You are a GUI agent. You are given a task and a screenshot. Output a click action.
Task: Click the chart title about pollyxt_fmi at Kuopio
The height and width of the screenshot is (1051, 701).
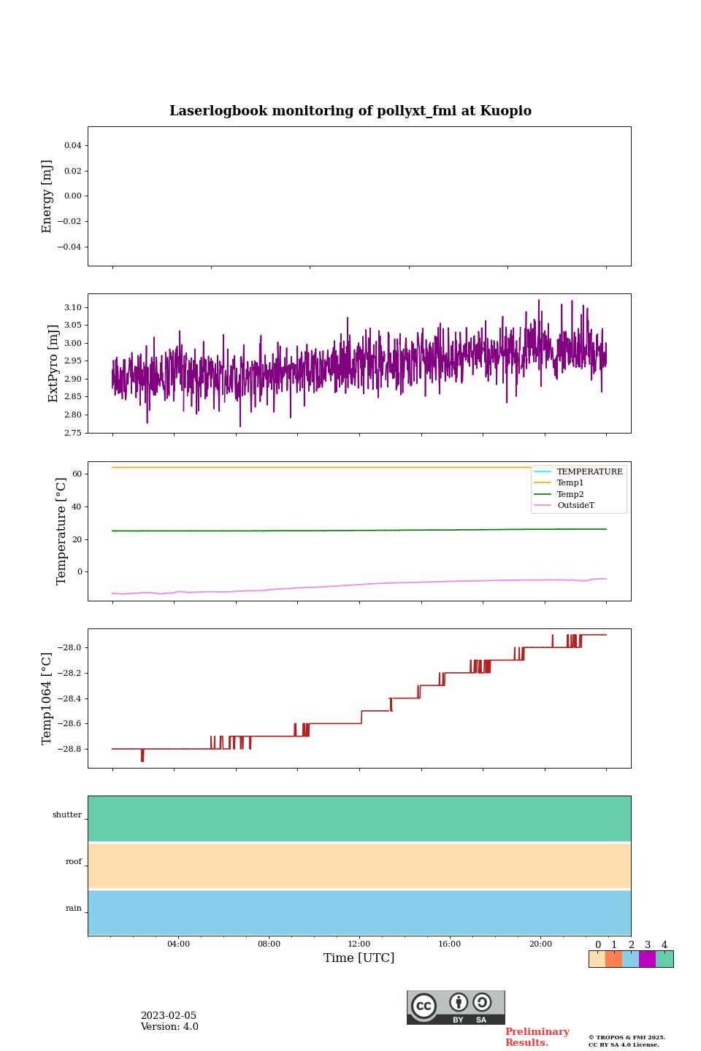350,111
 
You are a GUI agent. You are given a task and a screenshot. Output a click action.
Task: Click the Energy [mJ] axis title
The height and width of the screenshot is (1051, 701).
47,196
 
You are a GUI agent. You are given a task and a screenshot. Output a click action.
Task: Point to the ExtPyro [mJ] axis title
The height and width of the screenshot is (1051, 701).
53,363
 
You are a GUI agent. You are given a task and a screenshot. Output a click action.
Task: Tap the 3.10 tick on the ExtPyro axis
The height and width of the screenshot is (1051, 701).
72,308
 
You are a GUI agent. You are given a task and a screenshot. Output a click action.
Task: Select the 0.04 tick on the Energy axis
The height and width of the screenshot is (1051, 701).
72,146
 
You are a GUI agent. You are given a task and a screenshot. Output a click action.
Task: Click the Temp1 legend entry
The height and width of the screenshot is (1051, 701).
570,483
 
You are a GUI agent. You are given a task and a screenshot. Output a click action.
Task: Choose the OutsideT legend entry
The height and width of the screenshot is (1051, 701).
575,506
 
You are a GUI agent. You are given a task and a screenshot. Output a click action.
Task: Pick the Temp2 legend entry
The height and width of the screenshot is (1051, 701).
570,495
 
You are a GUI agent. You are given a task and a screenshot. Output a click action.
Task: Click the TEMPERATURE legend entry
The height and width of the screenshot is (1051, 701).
589,472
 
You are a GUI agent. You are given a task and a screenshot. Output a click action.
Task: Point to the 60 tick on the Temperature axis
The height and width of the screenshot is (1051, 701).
77,474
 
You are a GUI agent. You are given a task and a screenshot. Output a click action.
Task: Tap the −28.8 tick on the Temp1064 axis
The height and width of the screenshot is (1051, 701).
68,750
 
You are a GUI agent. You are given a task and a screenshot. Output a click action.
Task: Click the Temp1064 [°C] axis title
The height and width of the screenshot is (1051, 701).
47,698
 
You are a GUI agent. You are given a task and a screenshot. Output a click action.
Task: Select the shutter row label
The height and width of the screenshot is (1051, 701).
67,815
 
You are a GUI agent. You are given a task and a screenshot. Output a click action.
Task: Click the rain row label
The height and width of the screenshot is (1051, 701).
74,909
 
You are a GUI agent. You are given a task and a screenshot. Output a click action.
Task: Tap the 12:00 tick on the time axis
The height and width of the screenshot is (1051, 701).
359,944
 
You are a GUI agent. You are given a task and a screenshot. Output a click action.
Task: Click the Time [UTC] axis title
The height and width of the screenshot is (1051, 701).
359,958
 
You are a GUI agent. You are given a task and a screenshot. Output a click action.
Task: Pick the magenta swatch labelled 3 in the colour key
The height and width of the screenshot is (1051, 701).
647,959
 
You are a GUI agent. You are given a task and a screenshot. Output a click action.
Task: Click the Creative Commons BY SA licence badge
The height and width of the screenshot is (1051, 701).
456,1007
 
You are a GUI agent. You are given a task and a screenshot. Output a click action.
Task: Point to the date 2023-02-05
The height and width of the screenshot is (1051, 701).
169,1016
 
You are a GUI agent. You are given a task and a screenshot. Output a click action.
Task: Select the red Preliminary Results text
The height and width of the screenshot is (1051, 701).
537,1037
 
